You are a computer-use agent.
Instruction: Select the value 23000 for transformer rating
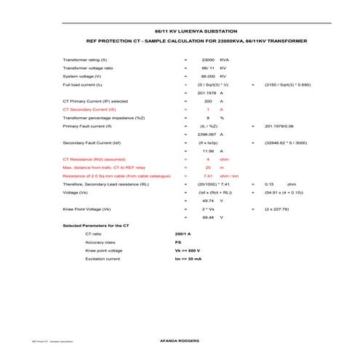(x=207, y=59)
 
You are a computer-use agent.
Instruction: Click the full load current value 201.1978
(x=207, y=92)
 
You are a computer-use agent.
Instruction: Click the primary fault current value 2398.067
(x=207, y=135)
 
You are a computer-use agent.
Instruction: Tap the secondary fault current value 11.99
(x=207, y=151)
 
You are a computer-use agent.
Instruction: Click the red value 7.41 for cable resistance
(x=207, y=176)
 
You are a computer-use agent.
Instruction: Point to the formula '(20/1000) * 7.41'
(x=209, y=185)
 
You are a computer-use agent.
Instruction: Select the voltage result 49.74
(x=207, y=201)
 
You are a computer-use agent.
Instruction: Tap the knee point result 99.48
(x=207, y=217)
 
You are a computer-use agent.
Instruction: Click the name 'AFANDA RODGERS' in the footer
(x=179, y=340)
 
